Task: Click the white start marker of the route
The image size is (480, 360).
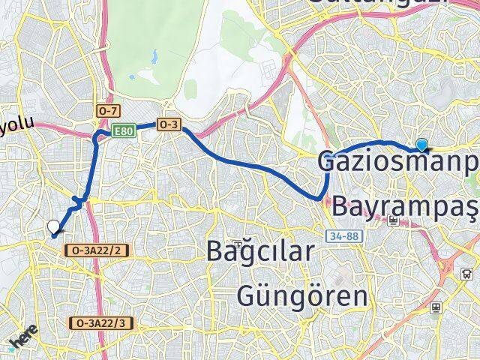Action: [53, 226]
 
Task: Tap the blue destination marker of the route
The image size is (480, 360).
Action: [422, 145]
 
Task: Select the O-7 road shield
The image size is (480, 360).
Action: [108, 111]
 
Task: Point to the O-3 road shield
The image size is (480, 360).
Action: [168, 125]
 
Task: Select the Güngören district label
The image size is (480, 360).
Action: [302, 295]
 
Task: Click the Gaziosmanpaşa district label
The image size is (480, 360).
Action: [397, 161]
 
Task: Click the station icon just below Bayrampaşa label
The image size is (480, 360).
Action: [394, 220]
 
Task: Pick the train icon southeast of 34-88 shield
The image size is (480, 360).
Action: [436, 307]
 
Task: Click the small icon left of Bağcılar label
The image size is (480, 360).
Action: [237, 243]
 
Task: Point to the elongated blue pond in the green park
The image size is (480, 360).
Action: [153, 56]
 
